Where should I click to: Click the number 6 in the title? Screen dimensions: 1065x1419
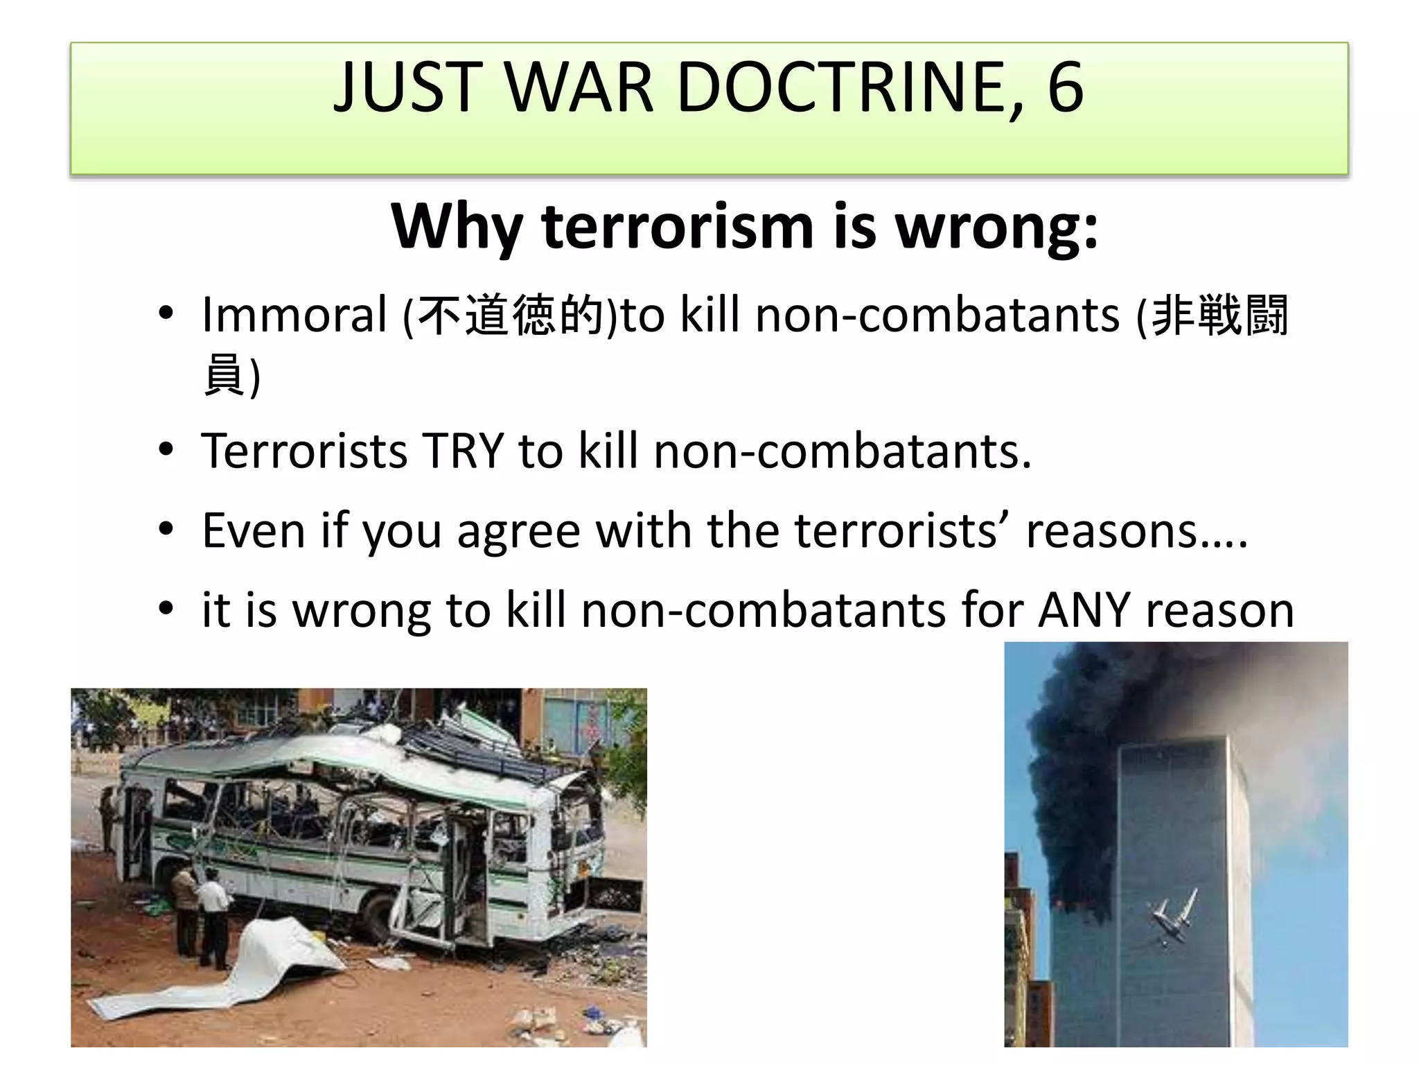coord(1065,88)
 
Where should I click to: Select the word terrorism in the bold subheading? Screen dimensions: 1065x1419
coord(678,226)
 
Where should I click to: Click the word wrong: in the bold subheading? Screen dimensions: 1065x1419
coord(997,226)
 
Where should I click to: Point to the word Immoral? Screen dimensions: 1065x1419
coord(294,315)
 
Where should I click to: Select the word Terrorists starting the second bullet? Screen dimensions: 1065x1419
coord(304,451)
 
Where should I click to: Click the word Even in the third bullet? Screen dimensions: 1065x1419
coord(254,531)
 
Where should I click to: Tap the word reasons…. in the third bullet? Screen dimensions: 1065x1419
coord(1136,531)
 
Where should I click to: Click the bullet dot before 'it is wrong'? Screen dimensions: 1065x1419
coord(166,609)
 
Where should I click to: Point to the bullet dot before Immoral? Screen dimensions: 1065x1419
coord(166,314)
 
